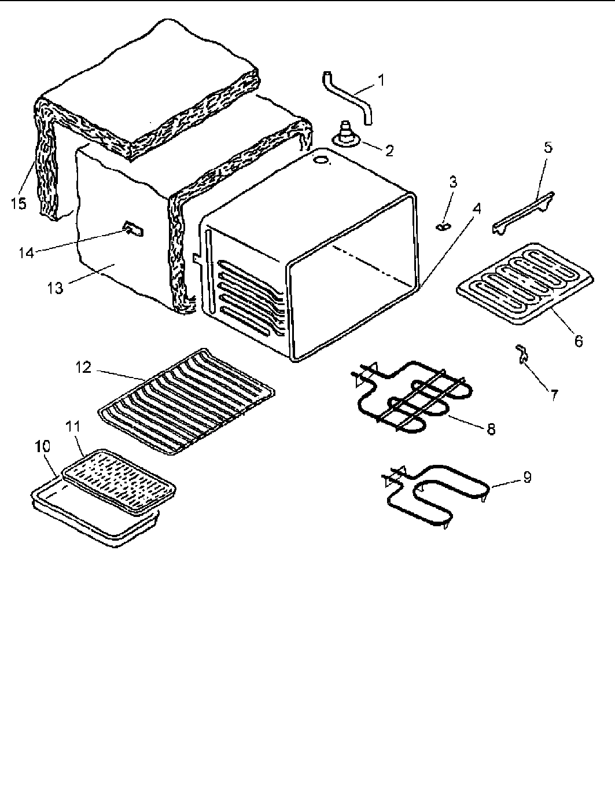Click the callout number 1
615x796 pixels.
point(381,80)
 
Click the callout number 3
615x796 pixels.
point(453,182)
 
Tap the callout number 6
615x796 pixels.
point(579,342)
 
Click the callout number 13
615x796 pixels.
point(56,287)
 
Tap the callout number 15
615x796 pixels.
point(19,204)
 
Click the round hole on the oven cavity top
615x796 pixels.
point(319,157)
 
